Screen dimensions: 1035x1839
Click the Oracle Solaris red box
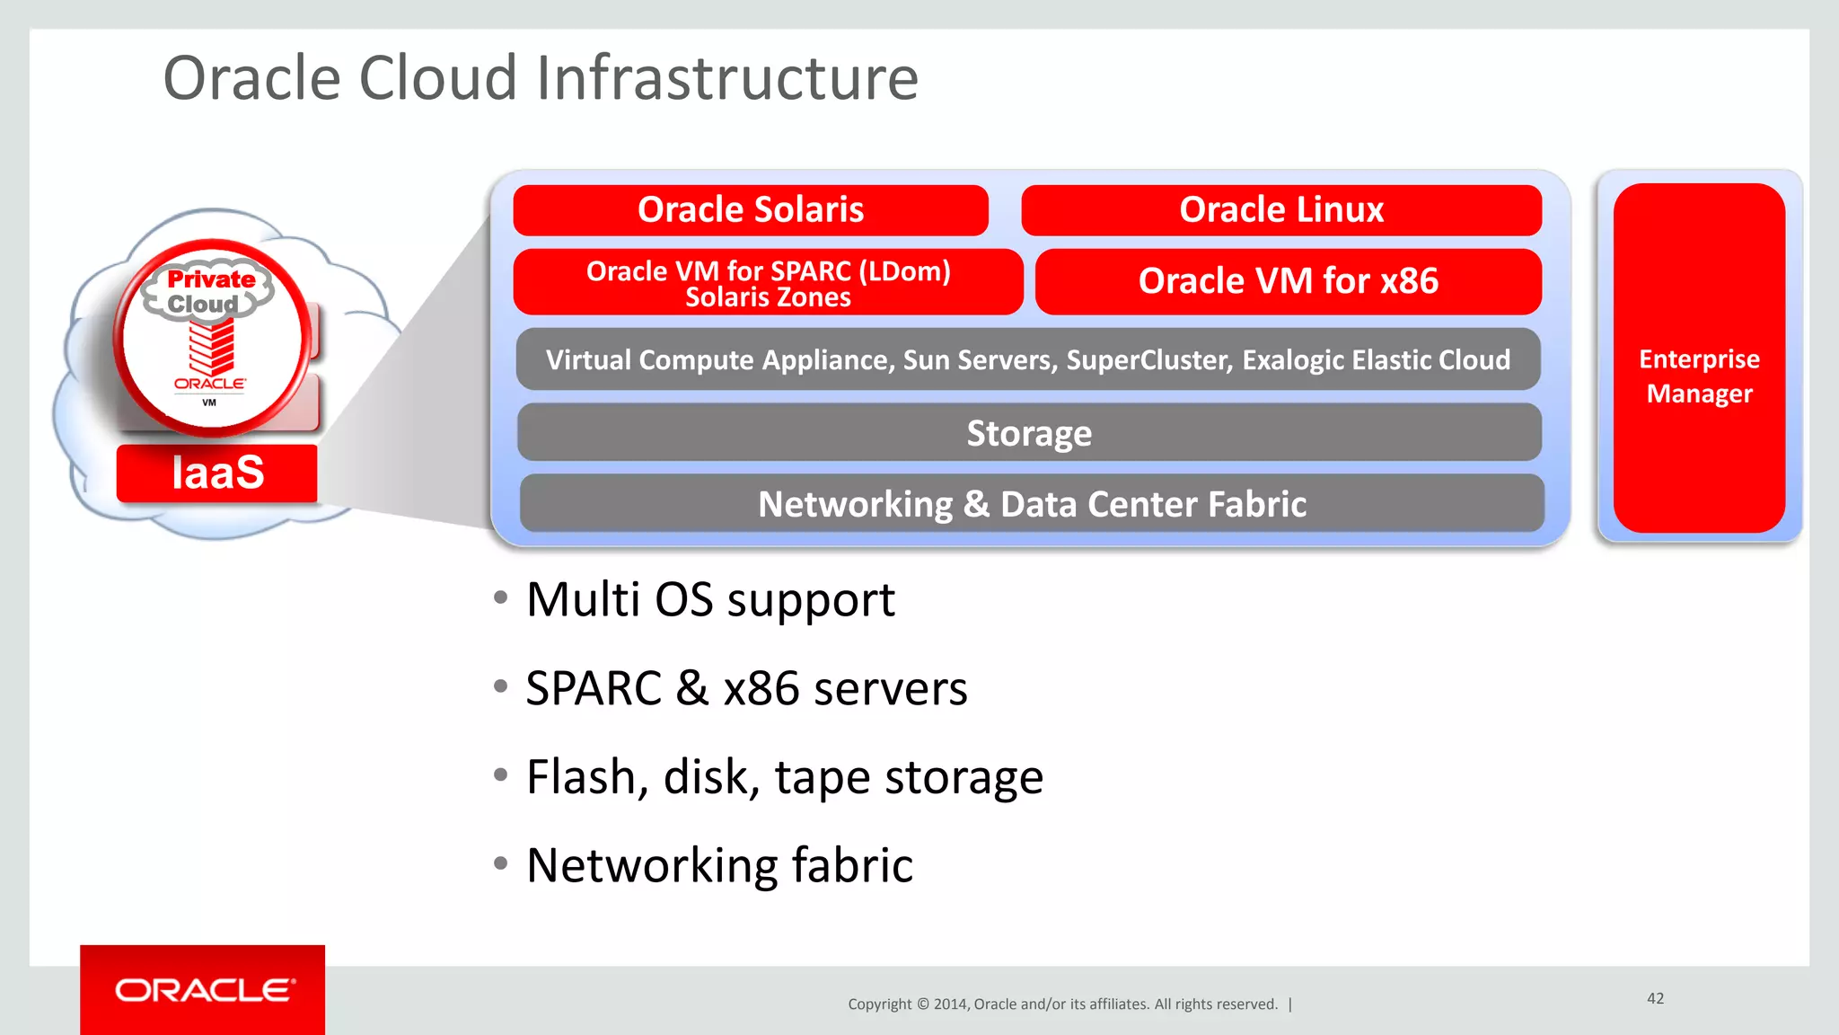pos(751,210)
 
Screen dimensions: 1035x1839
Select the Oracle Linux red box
pos(1281,210)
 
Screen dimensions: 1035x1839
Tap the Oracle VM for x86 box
pos(1289,281)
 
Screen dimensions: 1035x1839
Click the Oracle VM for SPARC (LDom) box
pos(768,282)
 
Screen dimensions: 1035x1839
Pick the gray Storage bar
pos(1029,433)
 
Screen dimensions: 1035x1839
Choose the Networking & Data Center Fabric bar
pos(1032,504)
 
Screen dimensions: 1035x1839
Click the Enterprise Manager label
pos(1699,376)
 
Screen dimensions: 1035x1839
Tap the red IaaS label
pos(217,473)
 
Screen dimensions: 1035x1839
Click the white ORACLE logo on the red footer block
pos(204,990)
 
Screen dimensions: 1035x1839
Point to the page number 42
pos(1655,998)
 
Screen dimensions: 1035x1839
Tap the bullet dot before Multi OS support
pos(501,597)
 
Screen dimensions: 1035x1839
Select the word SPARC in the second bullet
pos(594,689)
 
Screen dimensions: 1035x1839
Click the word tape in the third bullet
pos(822,777)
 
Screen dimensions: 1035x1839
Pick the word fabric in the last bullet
pos(852,865)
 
